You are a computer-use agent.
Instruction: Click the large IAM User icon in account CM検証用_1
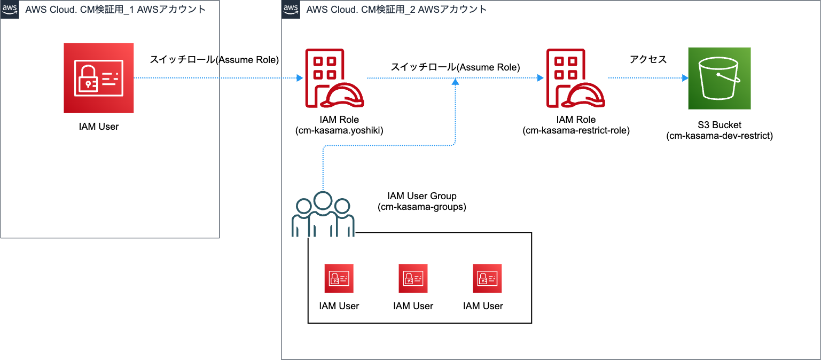pyautogui.click(x=99, y=78)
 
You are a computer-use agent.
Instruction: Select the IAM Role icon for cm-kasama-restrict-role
pyautogui.click(x=575, y=78)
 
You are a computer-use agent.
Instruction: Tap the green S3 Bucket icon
pyautogui.click(x=720, y=78)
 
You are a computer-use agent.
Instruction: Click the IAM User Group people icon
pyautogui.click(x=323, y=214)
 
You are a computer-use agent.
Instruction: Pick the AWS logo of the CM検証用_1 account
pyautogui.click(x=10, y=9)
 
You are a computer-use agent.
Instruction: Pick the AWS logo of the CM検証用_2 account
pyautogui.click(x=291, y=9)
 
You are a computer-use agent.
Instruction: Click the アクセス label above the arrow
pyautogui.click(x=648, y=59)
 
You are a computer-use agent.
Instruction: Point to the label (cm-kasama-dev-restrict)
pyautogui.click(x=720, y=136)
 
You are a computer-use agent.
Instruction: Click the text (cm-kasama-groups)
pyautogui.click(x=422, y=207)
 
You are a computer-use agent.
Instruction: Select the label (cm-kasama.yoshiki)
pyautogui.click(x=339, y=130)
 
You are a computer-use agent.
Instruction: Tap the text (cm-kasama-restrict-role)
pyautogui.click(x=576, y=130)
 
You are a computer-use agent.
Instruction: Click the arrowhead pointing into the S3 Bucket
pyautogui.click(x=685, y=78)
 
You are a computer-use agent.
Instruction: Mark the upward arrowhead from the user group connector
pyautogui.click(x=455, y=82)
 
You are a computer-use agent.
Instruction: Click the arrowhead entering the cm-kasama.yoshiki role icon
pyautogui.click(x=300, y=78)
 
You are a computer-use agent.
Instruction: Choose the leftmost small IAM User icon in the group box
pyautogui.click(x=339, y=278)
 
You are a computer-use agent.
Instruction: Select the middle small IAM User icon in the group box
pyautogui.click(x=413, y=278)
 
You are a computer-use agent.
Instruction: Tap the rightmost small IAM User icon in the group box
pyautogui.click(x=487, y=278)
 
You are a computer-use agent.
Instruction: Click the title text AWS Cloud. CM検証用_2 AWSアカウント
pyautogui.click(x=396, y=9)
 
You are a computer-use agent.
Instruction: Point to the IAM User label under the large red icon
pyautogui.click(x=99, y=127)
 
